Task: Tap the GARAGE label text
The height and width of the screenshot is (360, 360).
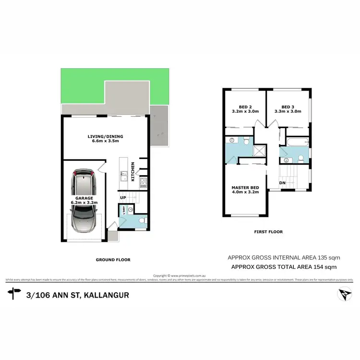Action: tap(86, 197)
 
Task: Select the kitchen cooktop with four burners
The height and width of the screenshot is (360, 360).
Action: tap(143, 182)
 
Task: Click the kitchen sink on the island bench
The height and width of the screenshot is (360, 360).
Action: tap(123, 176)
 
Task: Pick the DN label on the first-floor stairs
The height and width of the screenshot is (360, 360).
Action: tap(282, 183)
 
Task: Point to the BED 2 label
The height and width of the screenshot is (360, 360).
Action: tap(245, 107)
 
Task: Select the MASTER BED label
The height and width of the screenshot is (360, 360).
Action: tap(245, 187)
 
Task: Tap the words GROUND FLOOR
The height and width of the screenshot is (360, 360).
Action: tap(113, 260)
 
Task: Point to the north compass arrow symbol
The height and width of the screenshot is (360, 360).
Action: tap(342, 293)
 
